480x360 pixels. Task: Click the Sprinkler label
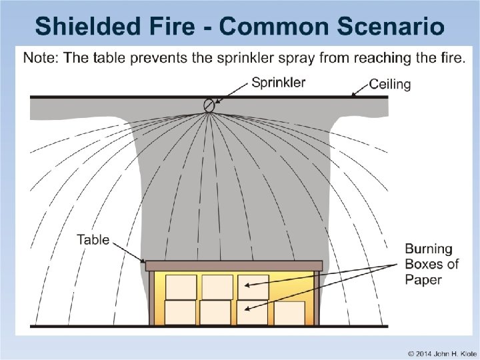click(278, 83)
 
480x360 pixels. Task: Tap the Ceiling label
click(390, 85)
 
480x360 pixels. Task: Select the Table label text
click(93, 239)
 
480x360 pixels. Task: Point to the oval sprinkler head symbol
click(209, 104)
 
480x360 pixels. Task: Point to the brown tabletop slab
click(233, 265)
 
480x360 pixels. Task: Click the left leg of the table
click(152, 297)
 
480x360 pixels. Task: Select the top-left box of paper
click(181, 287)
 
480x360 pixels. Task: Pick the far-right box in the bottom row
click(289, 313)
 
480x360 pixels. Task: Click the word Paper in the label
click(423, 279)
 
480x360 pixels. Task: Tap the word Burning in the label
click(429, 249)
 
